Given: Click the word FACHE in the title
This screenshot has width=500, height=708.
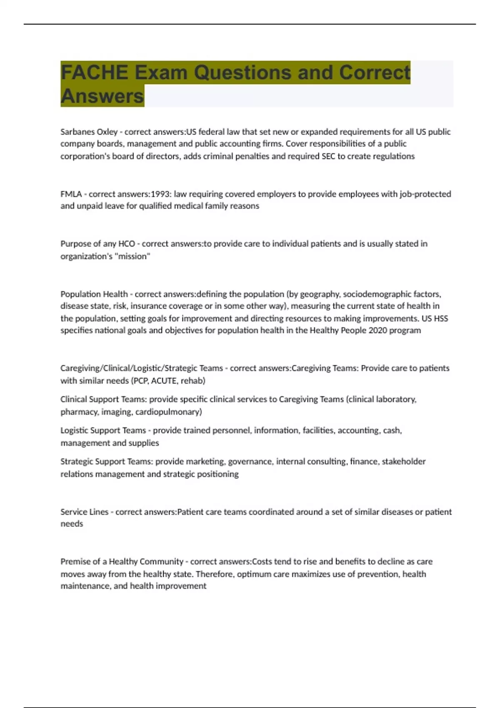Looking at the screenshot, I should click(94, 72).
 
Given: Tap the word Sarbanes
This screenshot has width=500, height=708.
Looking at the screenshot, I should click(77, 132).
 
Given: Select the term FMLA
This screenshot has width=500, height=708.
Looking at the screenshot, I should click(71, 194).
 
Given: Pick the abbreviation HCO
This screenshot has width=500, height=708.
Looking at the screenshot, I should click(127, 244).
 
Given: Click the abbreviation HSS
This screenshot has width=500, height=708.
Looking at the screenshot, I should click(441, 319).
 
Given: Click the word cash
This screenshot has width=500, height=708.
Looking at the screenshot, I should click(392, 430).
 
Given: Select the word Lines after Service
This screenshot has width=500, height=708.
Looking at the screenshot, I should click(99, 512).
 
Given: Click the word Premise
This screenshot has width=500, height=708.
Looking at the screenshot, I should click(75, 561).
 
